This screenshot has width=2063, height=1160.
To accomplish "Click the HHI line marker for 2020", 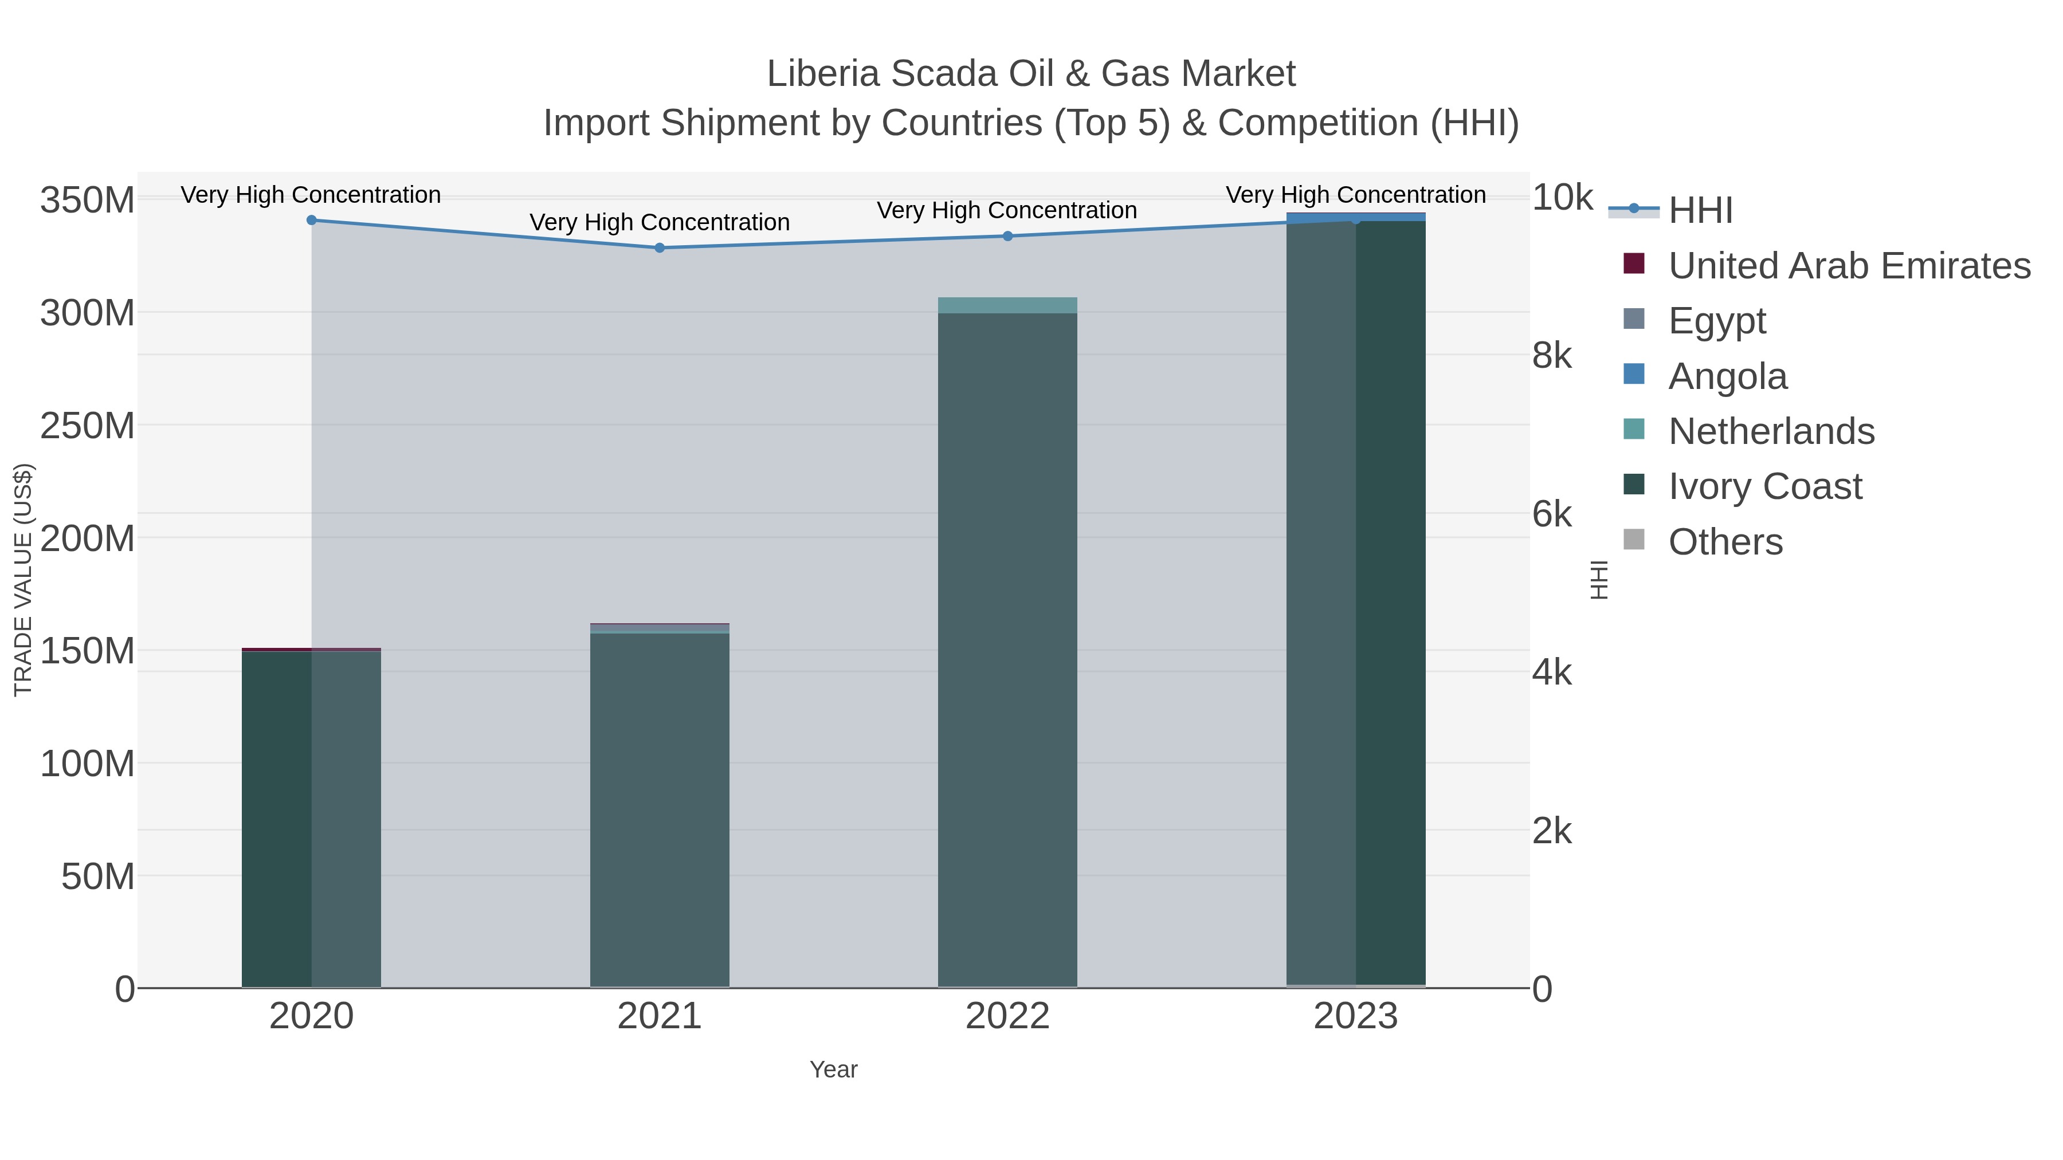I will tap(312, 220).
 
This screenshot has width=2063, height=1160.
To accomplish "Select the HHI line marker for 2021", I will tap(659, 248).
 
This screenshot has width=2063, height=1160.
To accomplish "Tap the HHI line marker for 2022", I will tap(1007, 236).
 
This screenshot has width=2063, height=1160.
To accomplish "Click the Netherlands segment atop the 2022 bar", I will tap(1007, 305).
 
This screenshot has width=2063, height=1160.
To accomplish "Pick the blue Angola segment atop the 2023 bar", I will tap(1356, 216).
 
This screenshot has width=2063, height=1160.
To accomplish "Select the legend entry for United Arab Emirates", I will tap(1848, 266).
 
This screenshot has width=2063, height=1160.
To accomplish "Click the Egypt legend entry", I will tap(1716, 321).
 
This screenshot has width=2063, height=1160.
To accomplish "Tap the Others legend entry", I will tap(1725, 542).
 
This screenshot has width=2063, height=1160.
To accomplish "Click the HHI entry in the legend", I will tap(1700, 211).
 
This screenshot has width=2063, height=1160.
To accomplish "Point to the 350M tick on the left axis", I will tap(87, 199).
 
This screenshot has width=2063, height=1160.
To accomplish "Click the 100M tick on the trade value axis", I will tap(87, 764).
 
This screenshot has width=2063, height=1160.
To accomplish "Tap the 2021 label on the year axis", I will tap(659, 1016).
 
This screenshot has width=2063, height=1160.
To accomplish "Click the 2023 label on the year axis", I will tap(1356, 1016).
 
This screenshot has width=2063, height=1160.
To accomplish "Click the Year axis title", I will tap(833, 1069).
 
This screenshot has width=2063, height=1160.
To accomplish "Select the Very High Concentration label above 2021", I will tap(659, 222).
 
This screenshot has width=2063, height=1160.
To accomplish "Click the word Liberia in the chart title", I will tap(822, 74).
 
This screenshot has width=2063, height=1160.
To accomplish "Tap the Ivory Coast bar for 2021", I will tap(659, 808).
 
